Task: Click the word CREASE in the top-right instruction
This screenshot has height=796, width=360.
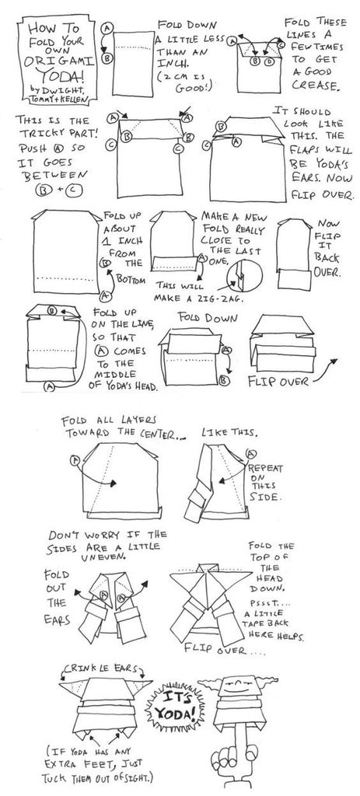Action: tap(313, 86)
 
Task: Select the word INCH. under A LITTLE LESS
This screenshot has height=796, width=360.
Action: tap(170, 64)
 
